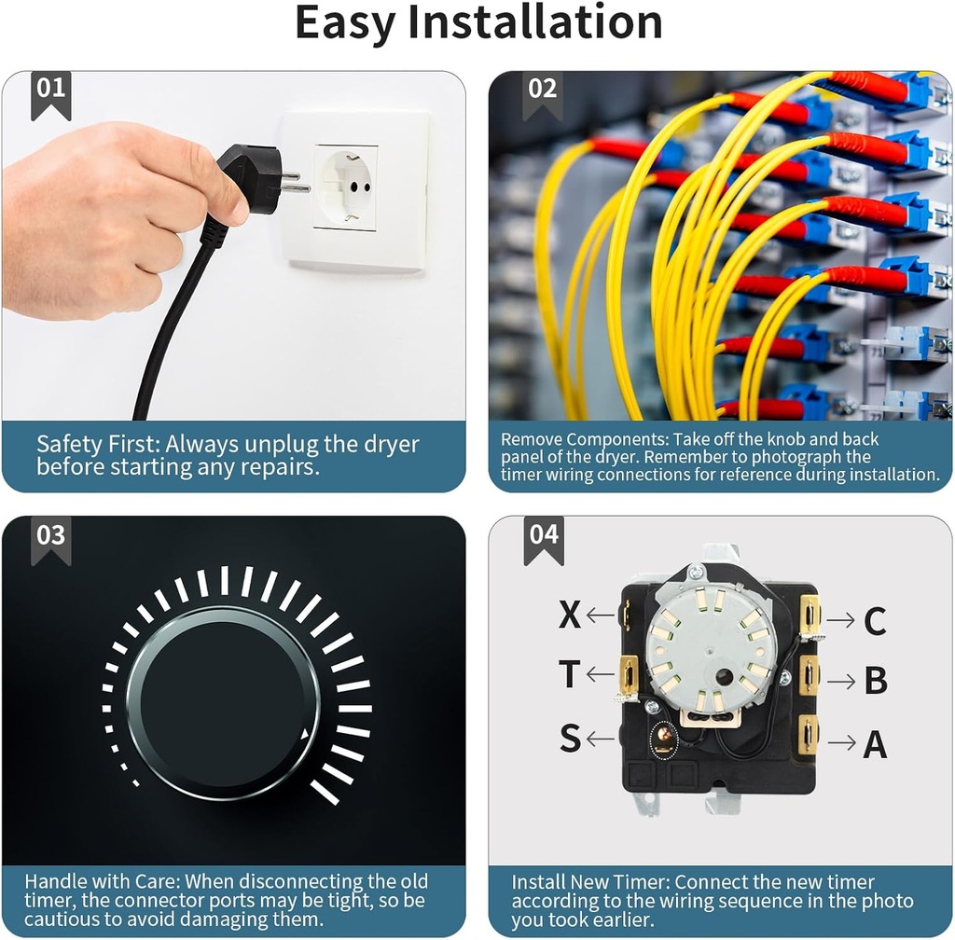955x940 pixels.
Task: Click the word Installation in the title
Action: [x=534, y=22]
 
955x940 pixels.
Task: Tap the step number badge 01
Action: [x=50, y=94]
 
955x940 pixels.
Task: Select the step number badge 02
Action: [x=542, y=94]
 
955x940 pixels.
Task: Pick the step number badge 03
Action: [x=50, y=540]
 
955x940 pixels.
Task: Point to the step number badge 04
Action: [x=544, y=540]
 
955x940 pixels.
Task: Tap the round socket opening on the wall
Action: [x=345, y=185]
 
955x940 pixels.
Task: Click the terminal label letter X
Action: [x=570, y=615]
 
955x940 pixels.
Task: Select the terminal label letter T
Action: [x=570, y=674]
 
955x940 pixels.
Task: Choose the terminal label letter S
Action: [x=570, y=738]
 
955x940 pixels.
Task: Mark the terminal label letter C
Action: [x=875, y=622]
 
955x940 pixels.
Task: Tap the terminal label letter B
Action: [x=876, y=681]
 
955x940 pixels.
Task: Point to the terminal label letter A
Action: [x=875, y=744]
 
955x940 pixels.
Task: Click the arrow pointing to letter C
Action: [x=841, y=620]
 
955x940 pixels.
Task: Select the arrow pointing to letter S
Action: [x=601, y=740]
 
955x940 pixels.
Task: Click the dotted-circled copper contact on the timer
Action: [x=664, y=740]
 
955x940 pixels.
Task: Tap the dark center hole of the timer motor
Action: [x=724, y=677]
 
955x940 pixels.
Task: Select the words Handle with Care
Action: [x=102, y=882]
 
